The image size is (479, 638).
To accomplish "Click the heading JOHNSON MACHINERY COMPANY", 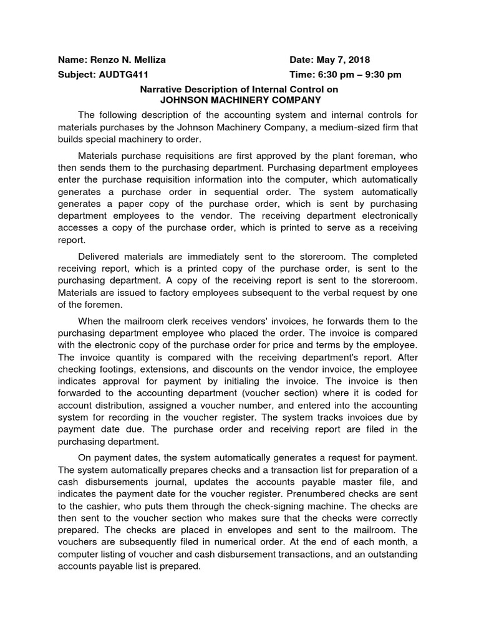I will tap(241, 100).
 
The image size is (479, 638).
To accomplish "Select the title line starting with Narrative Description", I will tap(241, 90).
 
